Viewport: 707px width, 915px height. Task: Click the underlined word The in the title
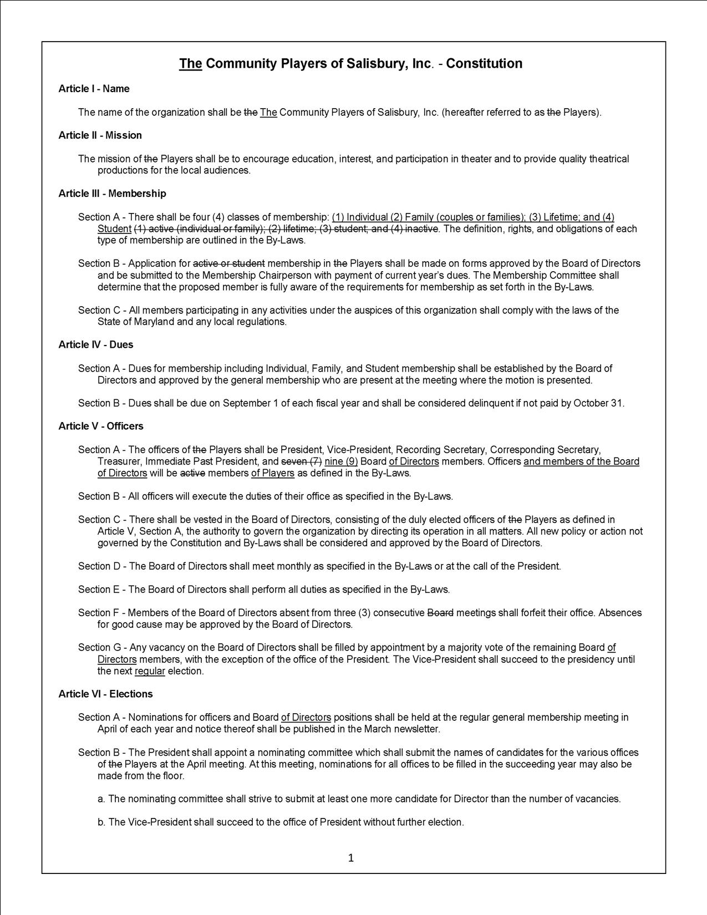click(x=190, y=64)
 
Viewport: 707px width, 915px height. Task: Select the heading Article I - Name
click(x=94, y=89)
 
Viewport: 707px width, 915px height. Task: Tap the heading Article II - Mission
click(x=100, y=135)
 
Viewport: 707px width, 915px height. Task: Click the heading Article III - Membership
click(x=112, y=194)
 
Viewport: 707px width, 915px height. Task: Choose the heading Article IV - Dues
click(x=95, y=344)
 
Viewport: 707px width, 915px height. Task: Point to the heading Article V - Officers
click(x=100, y=426)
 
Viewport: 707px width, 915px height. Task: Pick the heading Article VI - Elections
click(x=105, y=694)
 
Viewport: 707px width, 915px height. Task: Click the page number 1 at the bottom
click(x=350, y=858)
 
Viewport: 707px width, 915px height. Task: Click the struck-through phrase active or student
click(x=228, y=263)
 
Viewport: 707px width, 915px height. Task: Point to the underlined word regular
click(x=150, y=671)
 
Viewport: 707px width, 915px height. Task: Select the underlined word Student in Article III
click(x=114, y=229)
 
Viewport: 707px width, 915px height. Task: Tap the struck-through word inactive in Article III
click(x=422, y=229)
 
